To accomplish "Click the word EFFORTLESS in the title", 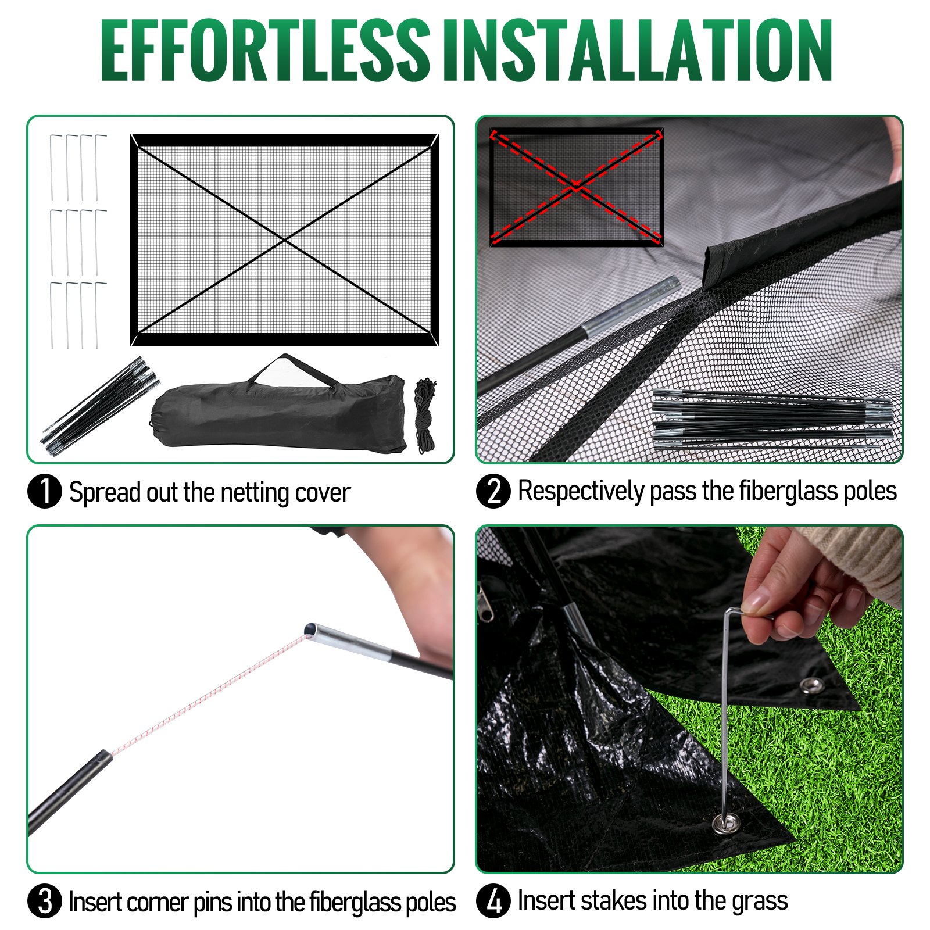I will pyautogui.click(x=264, y=51).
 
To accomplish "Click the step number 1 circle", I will pyautogui.click(x=45, y=492).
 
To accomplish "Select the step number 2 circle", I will pyautogui.click(x=493, y=492).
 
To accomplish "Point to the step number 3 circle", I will pyautogui.click(x=45, y=902).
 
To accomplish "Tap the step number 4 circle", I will pyautogui.click(x=493, y=902).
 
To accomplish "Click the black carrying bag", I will pyautogui.click(x=279, y=416).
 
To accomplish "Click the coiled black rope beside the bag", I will pyautogui.click(x=425, y=416).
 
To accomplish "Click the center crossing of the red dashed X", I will pyautogui.click(x=576, y=186).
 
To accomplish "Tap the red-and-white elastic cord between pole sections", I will pyautogui.click(x=209, y=692).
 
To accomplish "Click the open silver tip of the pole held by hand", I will pyautogui.click(x=312, y=629).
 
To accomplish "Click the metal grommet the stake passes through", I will pyautogui.click(x=726, y=824).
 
